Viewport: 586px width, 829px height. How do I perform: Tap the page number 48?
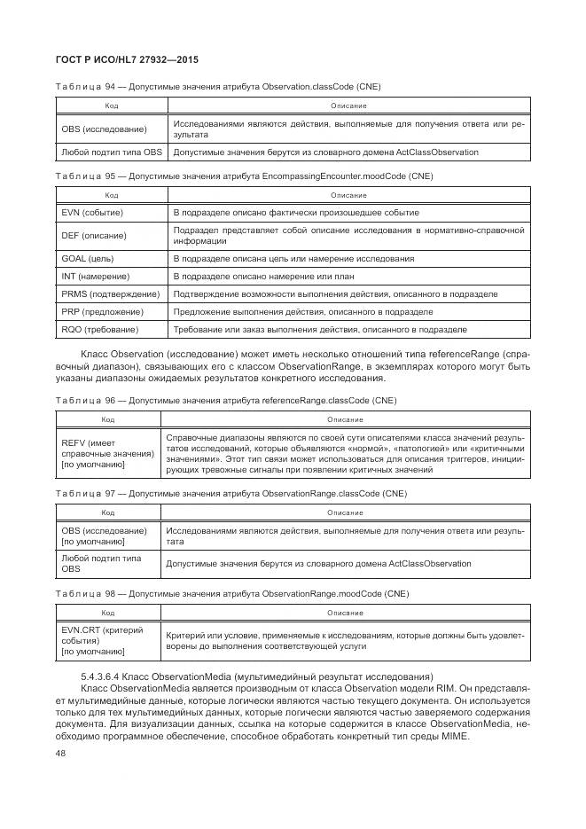click(61, 754)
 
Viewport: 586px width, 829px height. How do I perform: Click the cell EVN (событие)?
click(92, 213)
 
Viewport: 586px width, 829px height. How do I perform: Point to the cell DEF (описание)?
click(94, 236)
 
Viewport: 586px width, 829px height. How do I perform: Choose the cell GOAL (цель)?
click(89, 259)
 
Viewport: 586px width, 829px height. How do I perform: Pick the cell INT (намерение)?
click(96, 277)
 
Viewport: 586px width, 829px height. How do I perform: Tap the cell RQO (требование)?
click(100, 330)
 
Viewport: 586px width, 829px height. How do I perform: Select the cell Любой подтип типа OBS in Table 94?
click(113, 153)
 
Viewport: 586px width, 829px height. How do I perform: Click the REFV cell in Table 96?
click(106, 452)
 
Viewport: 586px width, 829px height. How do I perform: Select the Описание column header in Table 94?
click(348, 106)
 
